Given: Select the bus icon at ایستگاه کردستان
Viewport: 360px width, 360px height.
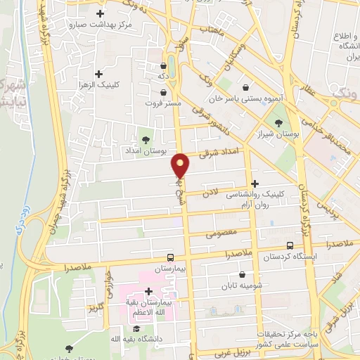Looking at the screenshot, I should coord(291,245).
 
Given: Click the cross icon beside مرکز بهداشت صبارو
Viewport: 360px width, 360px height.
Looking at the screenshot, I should coord(100,13).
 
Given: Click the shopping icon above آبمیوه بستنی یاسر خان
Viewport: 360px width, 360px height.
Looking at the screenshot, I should coord(244,87).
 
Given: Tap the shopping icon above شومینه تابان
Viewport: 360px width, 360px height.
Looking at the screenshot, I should coord(243,274).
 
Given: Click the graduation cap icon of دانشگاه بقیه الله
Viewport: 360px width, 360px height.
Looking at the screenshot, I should coord(136,328).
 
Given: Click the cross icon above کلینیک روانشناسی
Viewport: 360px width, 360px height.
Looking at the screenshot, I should coord(255,183).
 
